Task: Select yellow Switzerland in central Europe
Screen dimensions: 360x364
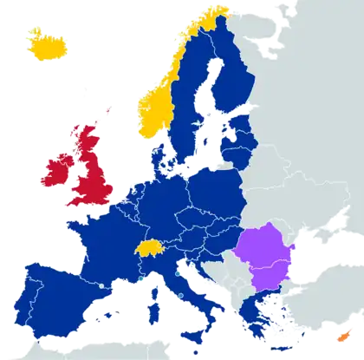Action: (x=149, y=248)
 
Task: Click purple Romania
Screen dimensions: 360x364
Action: (x=270, y=246)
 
